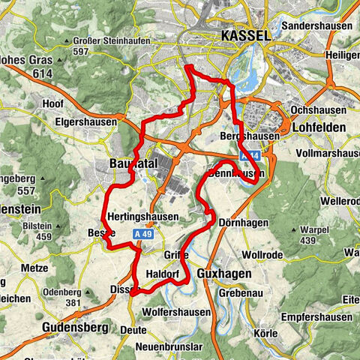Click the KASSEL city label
[246, 36]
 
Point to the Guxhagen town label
[226, 274]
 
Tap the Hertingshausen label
[143, 217]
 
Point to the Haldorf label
[166, 274]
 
